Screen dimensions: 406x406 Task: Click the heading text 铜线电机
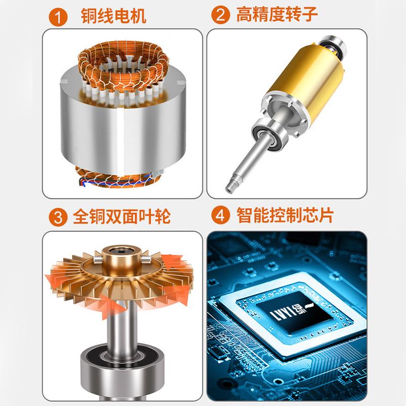(x=114, y=16)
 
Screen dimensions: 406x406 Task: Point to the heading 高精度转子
(x=277, y=15)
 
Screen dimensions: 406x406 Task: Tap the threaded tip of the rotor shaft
(x=231, y=187)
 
